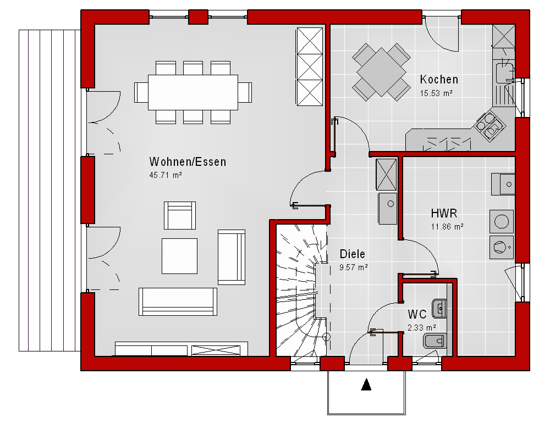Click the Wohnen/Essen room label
click(188, 162)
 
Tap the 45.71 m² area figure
click(166, 175)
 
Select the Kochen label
click(439, 80)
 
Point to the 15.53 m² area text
click(436, 93)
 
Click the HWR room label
click(444, 213)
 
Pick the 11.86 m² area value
click(447, 227)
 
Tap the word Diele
click(352, 254)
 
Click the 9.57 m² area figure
click(354, 267)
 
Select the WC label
click(417, 315)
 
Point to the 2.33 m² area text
click(422, 328)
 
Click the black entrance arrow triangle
click(366, 384)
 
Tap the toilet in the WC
click(435, 340)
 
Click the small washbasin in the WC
click(439, 309)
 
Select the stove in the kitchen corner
click(491, 126)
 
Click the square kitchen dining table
click(381, 72)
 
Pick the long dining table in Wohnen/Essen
click(193, 92)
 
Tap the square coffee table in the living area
click(180, 256)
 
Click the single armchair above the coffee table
click(180, 216)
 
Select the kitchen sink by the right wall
click(505, 72)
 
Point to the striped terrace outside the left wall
click(50, 191)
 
